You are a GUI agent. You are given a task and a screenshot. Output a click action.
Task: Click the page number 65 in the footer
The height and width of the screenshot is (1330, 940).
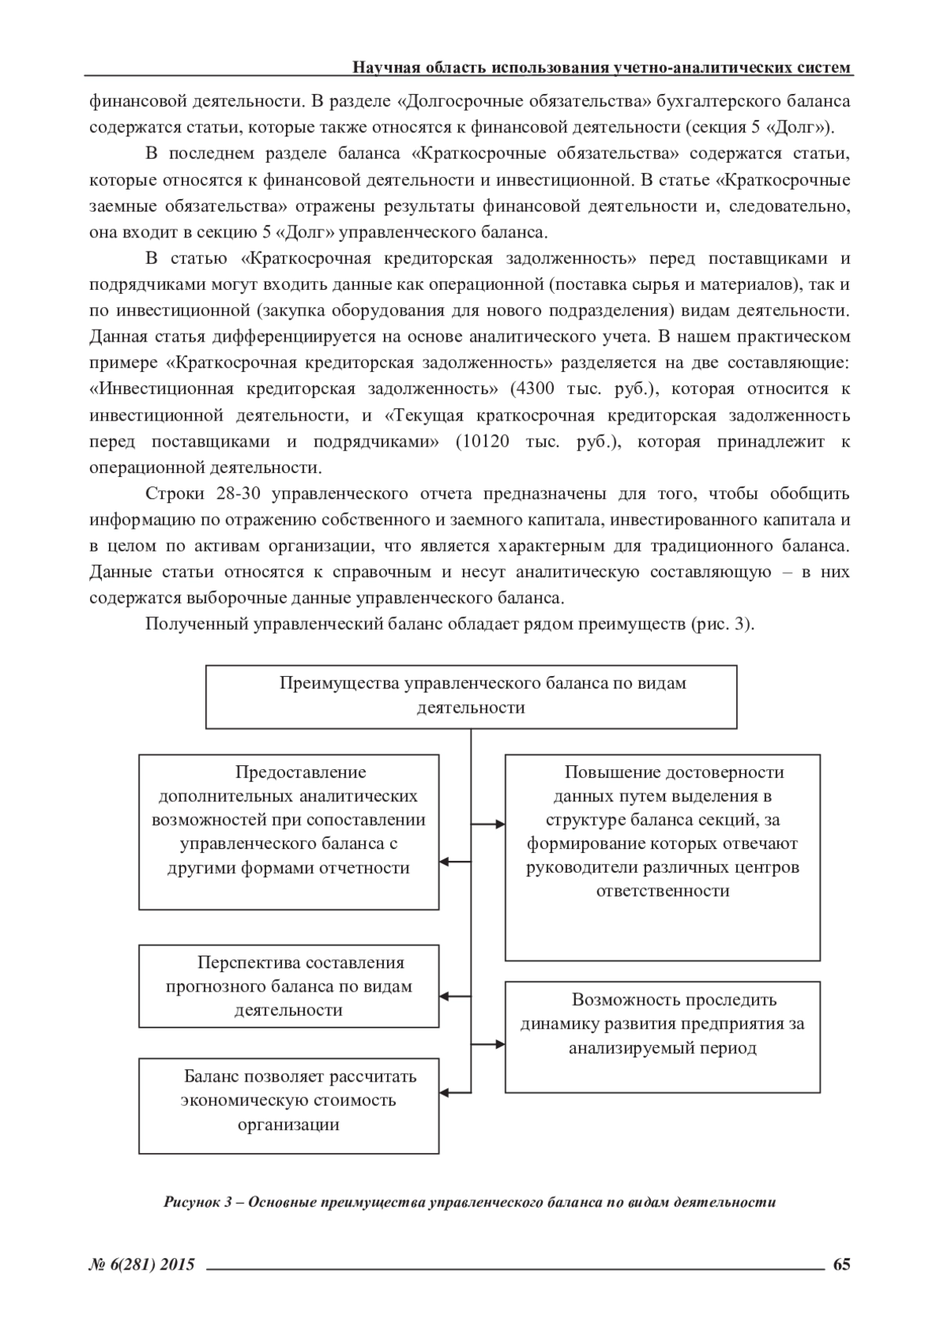click(842, 1264)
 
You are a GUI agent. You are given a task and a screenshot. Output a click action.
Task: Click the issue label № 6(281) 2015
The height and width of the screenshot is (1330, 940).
click(142, 1264)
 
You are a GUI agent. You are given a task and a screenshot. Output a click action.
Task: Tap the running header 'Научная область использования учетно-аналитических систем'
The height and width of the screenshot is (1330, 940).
click(602, 67)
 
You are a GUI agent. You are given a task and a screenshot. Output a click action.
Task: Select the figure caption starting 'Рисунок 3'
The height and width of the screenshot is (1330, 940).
click(470, 1202)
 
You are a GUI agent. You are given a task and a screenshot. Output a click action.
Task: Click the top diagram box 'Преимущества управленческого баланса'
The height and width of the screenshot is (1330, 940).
click(471, 696)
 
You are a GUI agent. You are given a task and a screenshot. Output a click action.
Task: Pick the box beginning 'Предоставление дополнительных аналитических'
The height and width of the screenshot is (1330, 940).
click(288, 831)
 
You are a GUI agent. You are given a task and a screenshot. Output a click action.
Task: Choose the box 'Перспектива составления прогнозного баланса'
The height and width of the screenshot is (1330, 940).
click(288, 985)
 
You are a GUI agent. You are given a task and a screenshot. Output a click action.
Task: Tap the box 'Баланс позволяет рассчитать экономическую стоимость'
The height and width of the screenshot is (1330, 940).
click(288, 1105)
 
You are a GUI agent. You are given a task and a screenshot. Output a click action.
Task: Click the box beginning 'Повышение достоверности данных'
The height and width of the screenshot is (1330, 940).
click(662, 856)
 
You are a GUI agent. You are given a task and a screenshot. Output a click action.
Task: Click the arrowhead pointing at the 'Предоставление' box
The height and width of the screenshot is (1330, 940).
click(444, 862)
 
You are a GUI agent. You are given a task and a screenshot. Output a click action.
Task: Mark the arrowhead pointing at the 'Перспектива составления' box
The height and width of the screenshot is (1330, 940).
click(444, 997)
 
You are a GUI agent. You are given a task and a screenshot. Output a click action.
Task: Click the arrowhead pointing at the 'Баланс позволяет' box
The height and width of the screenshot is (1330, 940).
click(444, 1090)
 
